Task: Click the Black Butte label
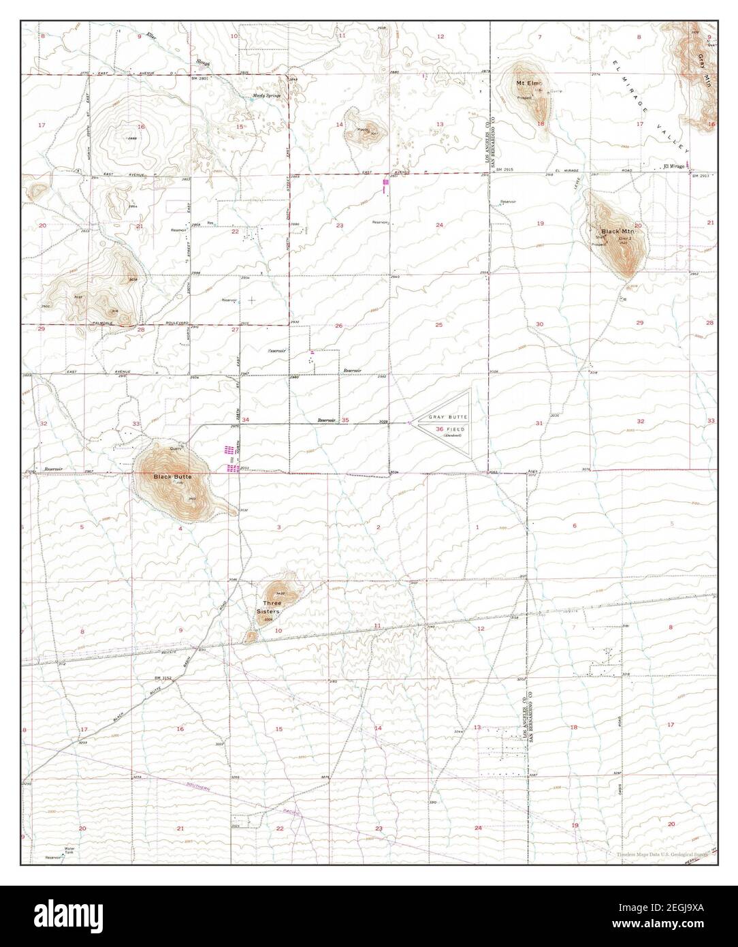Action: point(168,476)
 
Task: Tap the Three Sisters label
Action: point(268,607)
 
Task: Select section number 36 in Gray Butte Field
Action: point(420,429)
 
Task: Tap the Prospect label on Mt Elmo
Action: point(523,97)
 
